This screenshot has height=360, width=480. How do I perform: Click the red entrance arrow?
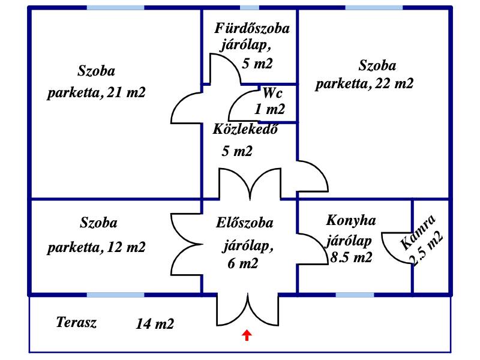pos(247,335)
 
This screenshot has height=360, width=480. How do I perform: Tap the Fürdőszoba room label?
pos(253,28)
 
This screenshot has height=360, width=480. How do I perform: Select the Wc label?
pos(272,93)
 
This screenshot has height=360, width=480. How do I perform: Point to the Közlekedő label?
pos(245,130)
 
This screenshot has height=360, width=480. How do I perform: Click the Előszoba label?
pos(245,223)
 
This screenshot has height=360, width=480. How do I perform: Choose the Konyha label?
pos(351,220)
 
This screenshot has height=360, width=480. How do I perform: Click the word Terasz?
pos(76,322)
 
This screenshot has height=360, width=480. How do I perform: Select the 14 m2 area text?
pos(155,325)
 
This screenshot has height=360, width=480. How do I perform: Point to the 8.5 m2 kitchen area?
pos(351,258)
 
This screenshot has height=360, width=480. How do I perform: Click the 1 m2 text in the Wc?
pos(270,109)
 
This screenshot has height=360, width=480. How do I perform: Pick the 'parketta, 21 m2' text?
pos(97,93)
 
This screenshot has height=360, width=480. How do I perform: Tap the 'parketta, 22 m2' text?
pos(365,83)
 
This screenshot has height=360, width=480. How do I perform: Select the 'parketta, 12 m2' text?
pos(97,247)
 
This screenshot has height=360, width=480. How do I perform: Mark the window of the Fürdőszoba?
pos(250,8)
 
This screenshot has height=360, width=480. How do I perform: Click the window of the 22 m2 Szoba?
pos(373,8)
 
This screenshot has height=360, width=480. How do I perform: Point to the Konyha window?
pos(355,295)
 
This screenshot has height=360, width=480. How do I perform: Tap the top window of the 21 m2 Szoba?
pos(116,8)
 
